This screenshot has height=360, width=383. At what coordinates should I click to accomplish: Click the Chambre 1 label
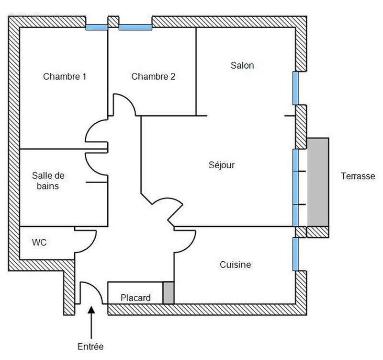tap(65, 76)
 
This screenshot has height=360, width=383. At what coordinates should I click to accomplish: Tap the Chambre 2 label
tap(153, 76)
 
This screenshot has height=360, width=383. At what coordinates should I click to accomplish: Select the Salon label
tap(242, 65)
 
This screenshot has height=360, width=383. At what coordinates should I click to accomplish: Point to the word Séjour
tap(222, 165)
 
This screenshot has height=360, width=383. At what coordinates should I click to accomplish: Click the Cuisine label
tap(235, 264)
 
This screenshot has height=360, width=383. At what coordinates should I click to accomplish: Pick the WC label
tap(39, 243)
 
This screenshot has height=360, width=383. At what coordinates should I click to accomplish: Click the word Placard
tap(135, 298)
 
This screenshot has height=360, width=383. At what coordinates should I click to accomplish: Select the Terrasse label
tap(358, 176)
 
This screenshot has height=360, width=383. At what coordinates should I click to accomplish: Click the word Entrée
tap(91, 346)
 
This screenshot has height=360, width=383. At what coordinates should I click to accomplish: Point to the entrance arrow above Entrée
tap(91, 321)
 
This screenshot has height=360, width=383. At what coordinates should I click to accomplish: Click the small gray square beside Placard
tap(169, 292)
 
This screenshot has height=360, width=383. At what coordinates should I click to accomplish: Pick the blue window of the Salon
tap(295, 88)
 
